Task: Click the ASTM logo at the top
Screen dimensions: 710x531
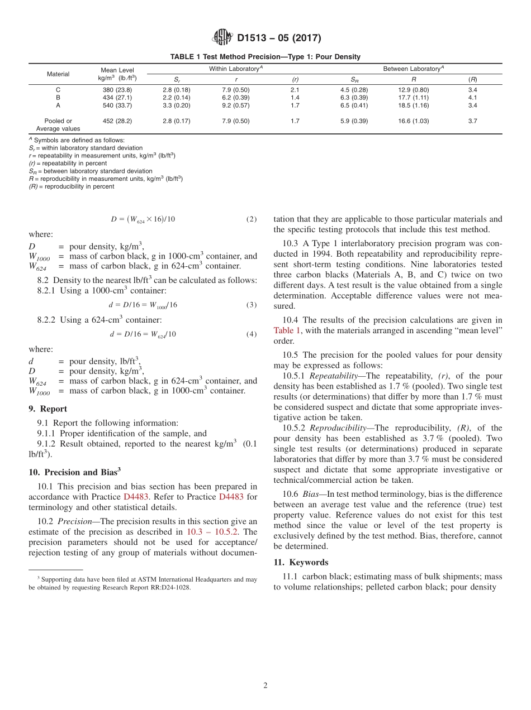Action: pyautogui.click(x=222, y=38)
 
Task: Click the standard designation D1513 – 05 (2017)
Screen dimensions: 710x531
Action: pyautogui.click(x=279, y=38)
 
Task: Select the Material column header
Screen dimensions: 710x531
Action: pyautogui.click(x=58, y=74)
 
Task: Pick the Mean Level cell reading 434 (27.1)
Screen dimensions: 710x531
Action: pyautogui.click(x=117, y=97)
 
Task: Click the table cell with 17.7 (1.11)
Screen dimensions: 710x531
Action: pyautogui.click(x=413, y=97)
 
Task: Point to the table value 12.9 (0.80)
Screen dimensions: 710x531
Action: pyautogui.click(x=413, y=89)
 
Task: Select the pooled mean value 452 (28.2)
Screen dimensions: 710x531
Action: pyautogui.click(x=117, y=121)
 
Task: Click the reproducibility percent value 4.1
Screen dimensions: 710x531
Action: pyautogui.click(x=472, y=97)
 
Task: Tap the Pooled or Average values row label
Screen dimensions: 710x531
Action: pyautogui.click(x=58, y=124)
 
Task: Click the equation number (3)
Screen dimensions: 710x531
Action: pyautogui.click(x=252, y=305)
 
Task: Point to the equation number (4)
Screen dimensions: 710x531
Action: pyautogui.click(x=252, y=334)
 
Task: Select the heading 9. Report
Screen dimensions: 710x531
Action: pyautogui.click(x=48, y=409)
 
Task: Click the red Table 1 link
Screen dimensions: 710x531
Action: pyautogui.click(x=287, y=330)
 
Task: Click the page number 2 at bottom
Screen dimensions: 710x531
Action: pyautogui.click(x=265, y=686)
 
